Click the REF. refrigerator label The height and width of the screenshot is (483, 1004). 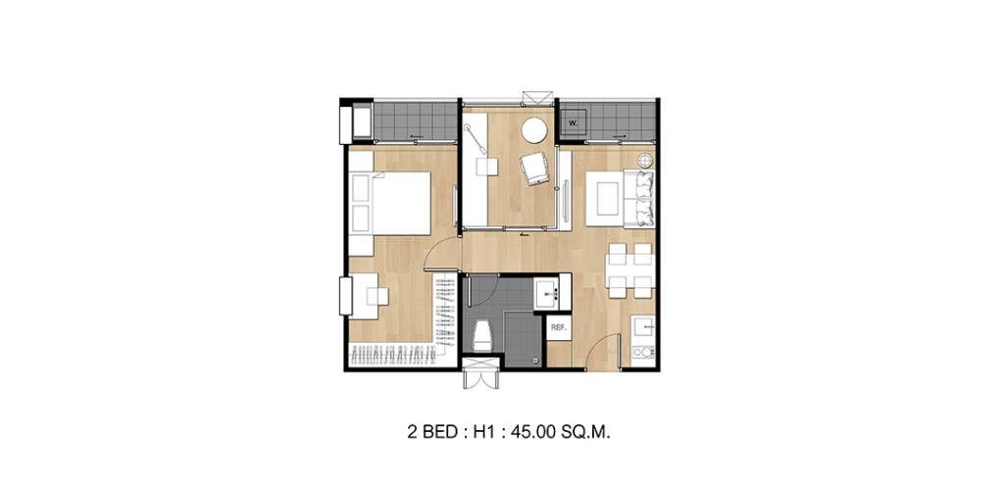tap(559, 327)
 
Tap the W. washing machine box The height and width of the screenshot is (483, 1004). tap(573, 124)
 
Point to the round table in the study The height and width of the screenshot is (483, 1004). tap(535, 130)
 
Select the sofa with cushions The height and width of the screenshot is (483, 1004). tap(642, 195)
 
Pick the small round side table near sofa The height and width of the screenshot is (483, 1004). tap(645, 160)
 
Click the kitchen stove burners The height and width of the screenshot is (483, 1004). tap(644, 350)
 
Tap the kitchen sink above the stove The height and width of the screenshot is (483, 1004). tap(644, 325)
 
